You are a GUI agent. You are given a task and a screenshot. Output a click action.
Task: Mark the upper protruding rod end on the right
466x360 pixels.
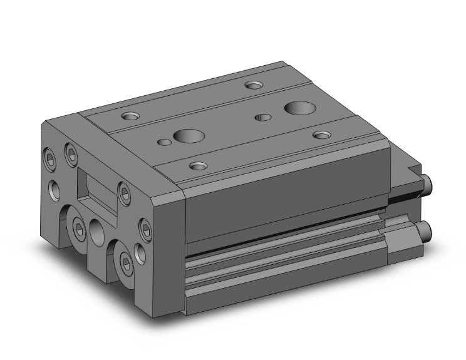click(x=429, y=182)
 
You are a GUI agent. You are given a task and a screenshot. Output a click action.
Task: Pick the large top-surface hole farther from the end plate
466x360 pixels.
click(x=296, y=108)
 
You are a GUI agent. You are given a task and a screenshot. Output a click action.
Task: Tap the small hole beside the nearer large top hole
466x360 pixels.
click(x=164, y=142)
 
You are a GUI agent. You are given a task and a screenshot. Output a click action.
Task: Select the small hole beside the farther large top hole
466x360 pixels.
click(x=263, y=116)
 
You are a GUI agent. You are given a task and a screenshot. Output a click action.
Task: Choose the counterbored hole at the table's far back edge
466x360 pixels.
click(x=253, y=85)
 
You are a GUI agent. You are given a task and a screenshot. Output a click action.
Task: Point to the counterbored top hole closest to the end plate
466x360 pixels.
click(x=132, y=115)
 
